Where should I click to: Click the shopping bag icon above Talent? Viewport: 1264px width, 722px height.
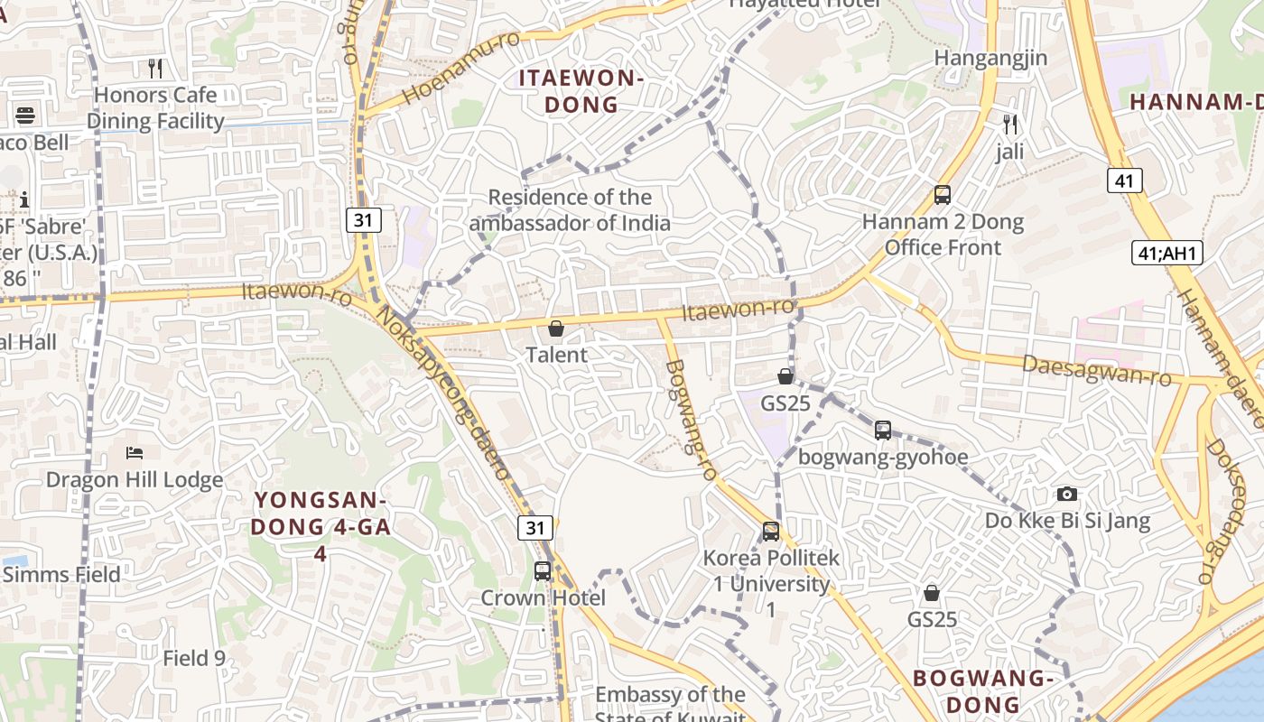coord(556,329)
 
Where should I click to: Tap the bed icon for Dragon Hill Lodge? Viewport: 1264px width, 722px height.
coord(135,452)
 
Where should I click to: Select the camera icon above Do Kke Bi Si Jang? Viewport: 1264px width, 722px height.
coord(1067,494)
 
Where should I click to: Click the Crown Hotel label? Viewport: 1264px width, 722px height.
coord(543,597)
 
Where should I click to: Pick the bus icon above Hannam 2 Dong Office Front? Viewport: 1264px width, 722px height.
coord(943,194)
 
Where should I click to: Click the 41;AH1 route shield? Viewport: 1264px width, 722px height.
coord(1167,253)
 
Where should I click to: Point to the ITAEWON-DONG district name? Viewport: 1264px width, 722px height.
coord(581,91)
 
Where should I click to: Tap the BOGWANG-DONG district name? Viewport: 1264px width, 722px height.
coord(983,690)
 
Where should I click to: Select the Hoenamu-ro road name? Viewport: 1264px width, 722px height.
coord(460,69)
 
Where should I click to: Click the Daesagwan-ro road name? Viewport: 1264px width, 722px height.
coord(1096,370)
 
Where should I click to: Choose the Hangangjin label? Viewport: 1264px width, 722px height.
coord(990,58)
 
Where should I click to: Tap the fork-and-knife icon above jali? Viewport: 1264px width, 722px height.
coord(1010,124)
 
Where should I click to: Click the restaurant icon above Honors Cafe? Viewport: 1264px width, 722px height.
coord(155,68)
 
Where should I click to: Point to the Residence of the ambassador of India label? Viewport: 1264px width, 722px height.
coord(570,209)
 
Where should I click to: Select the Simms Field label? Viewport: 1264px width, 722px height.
coord(60,575)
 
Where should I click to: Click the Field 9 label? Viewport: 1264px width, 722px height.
coord(193,658)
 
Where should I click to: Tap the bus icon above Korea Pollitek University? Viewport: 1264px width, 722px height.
coord(770,531)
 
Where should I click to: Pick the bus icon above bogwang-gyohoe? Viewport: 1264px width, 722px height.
coord(882,430)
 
